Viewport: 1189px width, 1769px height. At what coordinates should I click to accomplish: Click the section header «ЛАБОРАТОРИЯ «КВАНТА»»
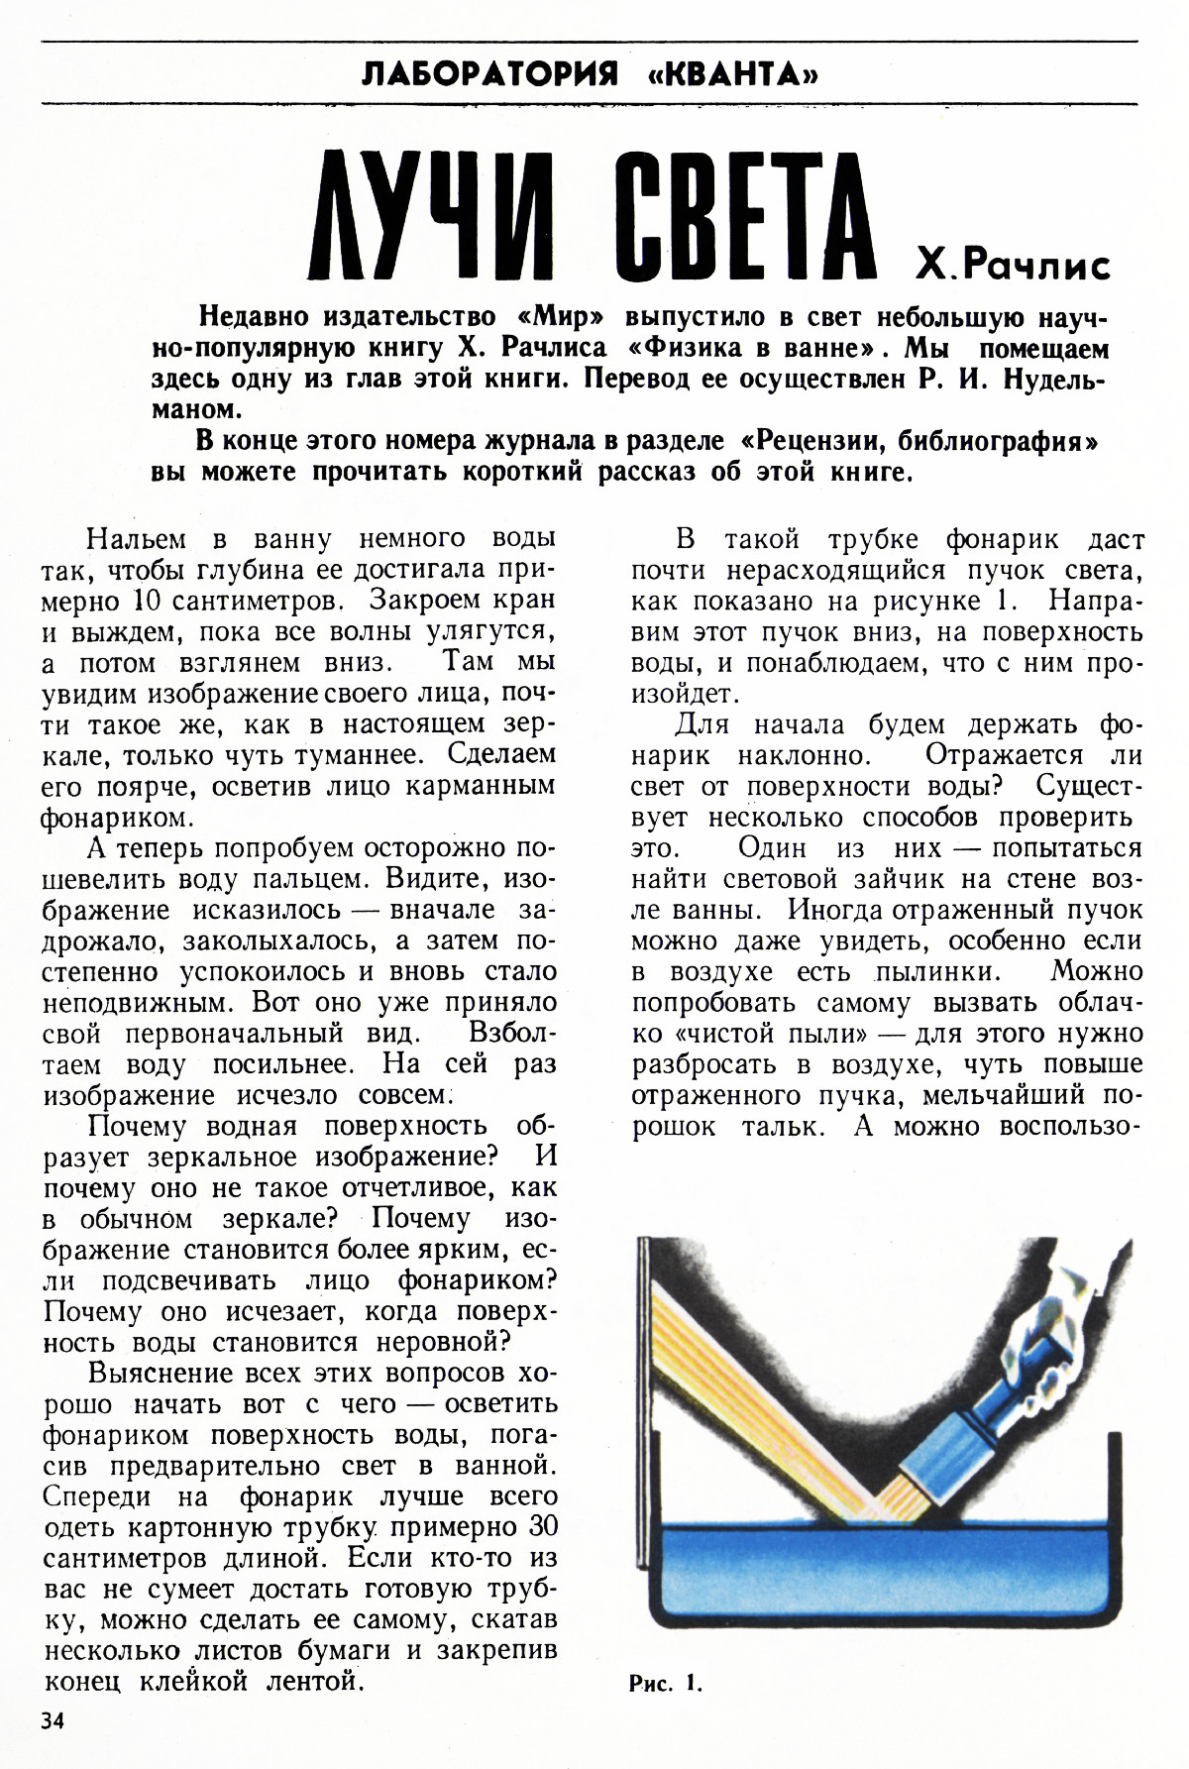591,74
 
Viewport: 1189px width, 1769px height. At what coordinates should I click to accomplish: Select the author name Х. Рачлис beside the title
1014,265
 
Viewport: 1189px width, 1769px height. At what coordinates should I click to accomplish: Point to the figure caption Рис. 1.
665,1683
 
